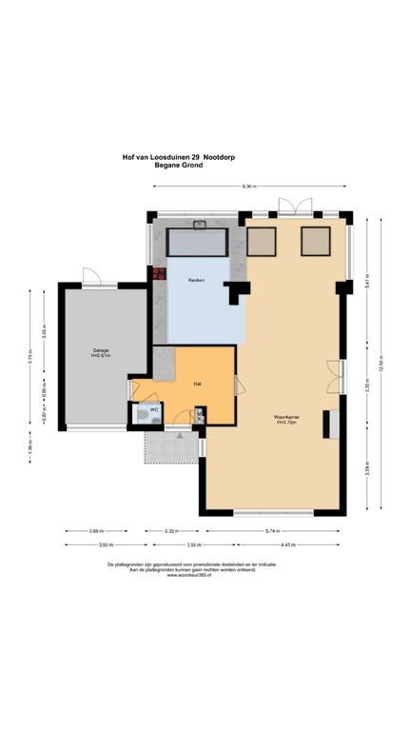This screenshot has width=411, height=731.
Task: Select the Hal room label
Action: click(197, 384)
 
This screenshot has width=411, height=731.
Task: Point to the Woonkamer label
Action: click(287, 418)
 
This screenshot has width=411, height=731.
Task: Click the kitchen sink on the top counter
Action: click(200, 226)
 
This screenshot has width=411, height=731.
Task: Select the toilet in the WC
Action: click(141, 415)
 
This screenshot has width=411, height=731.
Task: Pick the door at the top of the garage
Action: click(91, 278)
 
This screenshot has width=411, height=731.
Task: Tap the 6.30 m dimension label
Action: click(248, 187)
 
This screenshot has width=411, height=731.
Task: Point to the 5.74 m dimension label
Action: click(273, 531)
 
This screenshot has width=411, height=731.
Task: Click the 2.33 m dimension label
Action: click(168, 531)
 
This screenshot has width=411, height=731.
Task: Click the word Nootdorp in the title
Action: click(225, 155)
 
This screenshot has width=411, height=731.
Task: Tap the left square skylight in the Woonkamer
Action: click(261, 242)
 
